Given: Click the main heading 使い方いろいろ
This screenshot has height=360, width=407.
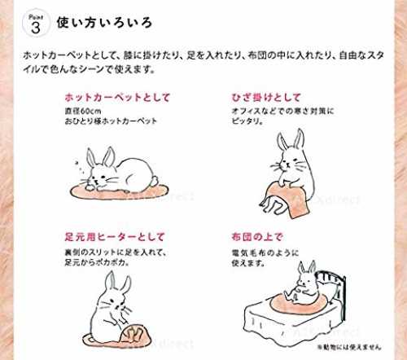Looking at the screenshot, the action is (104, 23).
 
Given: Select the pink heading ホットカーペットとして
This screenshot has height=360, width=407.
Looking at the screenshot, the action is (117, 98).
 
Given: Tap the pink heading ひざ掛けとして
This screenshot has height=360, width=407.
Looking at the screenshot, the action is (266, 98).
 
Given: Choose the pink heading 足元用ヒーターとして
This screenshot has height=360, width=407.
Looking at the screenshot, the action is (115, 237).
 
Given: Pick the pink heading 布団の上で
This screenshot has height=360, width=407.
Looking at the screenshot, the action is (257, 237).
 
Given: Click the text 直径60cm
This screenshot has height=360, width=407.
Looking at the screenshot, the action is (83, 112).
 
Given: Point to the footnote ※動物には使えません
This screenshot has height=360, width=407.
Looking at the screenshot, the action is (349, 347).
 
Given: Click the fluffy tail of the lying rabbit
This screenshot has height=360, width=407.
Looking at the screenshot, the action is (155, 180).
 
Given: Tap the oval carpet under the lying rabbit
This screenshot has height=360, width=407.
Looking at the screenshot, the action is (119, 191).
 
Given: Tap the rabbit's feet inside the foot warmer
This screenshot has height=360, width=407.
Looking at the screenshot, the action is (136, 333).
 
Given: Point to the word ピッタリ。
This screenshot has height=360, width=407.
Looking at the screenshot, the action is (247, 121).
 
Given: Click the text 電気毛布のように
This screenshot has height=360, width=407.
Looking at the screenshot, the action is (265, 253).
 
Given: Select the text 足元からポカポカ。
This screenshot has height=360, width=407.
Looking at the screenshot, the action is (97, 263).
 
